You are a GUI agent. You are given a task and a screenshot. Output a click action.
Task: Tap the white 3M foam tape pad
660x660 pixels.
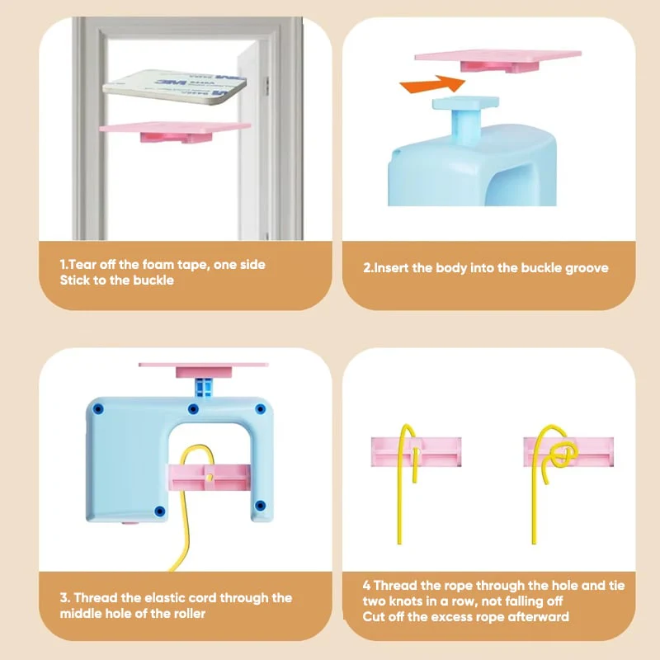pyautogui.click(x=175, y=87)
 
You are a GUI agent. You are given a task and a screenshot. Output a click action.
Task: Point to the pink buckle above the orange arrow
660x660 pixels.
pyautogui.click(x=498, y=60)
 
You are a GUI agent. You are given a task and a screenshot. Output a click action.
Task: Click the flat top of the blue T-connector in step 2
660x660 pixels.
pyautogui.click(x=465, y=102)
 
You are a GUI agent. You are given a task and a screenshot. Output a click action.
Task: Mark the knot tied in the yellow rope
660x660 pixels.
pyautogui.click(x=563, y=454)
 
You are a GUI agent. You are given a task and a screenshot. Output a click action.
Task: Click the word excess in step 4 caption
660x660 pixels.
pyautogui.click(x=449, y=616)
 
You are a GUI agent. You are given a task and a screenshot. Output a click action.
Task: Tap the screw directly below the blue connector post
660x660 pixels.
pyautogui.click(x=193, y=408)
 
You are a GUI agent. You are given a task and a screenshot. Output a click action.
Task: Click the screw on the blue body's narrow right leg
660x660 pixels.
pyautogui.click(x=260, y=505)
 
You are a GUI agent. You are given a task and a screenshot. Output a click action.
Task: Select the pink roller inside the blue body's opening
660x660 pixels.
pyautogui.click(x=210, y=478)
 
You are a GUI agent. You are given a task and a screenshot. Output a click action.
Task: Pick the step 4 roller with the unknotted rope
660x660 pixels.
pyautogui.click(x=416, y=451)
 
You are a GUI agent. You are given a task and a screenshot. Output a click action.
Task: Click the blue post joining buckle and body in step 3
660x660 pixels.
pyautogui.click(x=204, y=387)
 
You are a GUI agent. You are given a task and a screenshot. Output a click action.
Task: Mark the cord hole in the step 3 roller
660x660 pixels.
pyautogui.click(x=210, y=477)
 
